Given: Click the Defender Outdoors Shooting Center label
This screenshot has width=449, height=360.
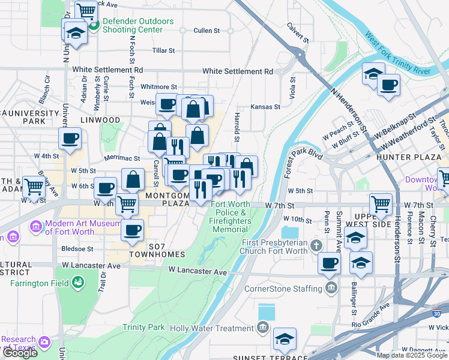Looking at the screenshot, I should [137, 25].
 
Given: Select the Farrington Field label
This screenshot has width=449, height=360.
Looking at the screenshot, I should [34, 282].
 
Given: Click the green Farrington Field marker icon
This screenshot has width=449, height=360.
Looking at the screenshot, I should [77, 281].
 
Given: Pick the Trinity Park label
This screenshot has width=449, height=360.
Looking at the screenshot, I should [143, 327].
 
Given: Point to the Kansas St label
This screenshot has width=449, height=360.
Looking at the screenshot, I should [266, 107].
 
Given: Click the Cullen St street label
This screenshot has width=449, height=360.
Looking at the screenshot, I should [206, 31].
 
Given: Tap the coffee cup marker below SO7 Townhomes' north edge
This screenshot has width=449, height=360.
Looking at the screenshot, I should [133, 229].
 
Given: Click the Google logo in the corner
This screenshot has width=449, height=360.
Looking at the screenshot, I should [20, 353].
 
